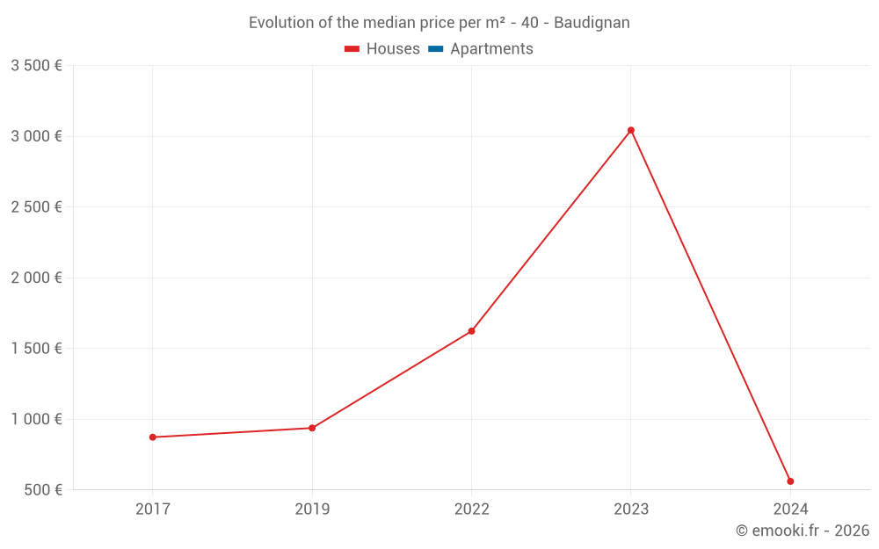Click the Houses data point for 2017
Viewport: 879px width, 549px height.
pos(153,437)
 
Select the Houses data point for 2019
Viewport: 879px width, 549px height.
pos(312,428)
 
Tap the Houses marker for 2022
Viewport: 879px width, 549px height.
pos(471,331)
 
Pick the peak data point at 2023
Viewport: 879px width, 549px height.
pos(631,130)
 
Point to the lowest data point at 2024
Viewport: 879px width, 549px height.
pos(790,481)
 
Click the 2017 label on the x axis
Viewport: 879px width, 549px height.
pos(153,509)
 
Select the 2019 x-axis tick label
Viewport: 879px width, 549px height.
pos(312,509)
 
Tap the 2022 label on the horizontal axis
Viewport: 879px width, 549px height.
pos(471,509)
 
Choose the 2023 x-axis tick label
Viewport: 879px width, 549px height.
pos(631,509)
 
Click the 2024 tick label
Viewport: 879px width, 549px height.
pos(790,509)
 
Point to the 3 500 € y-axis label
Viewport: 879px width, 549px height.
pos(36,66)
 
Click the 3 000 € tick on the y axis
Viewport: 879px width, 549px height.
pos(36,136)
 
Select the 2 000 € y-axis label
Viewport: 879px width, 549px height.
pos(36,278)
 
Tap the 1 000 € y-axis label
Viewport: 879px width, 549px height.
pos(36,419)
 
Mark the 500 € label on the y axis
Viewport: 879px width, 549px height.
pos(42,489)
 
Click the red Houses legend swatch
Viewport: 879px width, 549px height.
pos(352,49)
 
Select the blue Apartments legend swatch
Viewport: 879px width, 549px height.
pos(435,49)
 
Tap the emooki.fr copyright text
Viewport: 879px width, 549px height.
pos(802,531)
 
